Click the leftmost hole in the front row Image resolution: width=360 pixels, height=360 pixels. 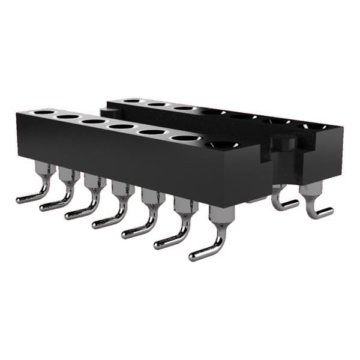[43, 112]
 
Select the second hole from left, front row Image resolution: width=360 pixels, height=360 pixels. [68, 116]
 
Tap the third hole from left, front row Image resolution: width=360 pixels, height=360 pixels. [94, 121]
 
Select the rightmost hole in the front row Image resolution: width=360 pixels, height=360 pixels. [222, 144]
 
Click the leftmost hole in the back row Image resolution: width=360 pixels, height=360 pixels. [133, 101]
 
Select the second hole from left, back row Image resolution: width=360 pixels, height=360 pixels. [157, 104]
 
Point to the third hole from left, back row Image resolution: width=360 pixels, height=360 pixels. [184, 108]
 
